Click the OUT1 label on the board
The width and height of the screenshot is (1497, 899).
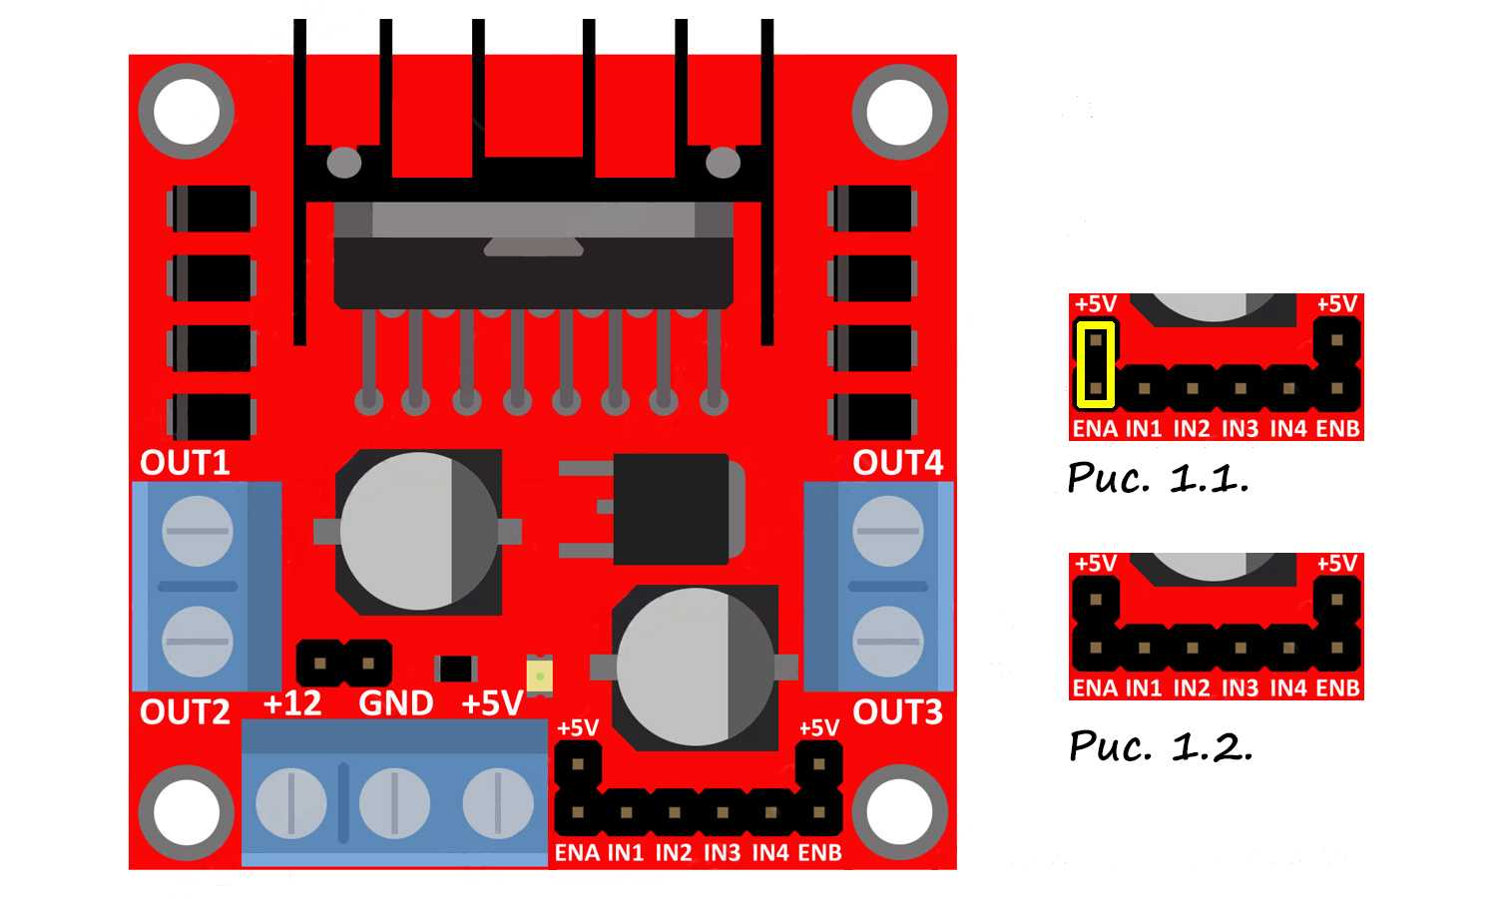click(185, 463)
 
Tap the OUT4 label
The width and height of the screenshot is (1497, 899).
click(897, 463)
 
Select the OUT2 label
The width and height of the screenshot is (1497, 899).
click(185, 712)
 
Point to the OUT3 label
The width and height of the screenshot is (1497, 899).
click(897, 712)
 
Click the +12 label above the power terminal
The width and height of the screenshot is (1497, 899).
click(291, 704)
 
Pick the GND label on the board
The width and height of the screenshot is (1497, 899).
click(395, 704)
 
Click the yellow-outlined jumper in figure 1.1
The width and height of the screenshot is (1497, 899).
click(1095, 364)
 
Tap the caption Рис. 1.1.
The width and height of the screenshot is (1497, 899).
click(1158, 478)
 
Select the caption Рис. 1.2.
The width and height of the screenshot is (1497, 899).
click(1160, 745)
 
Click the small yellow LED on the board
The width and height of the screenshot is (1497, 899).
click(539, 675)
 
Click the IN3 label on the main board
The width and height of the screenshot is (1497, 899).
click(722, 853)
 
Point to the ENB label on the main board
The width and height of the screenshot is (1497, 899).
click(819, 853)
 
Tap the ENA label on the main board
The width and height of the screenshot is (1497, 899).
click(577, 853)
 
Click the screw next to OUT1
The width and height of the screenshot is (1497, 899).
click(197, 532)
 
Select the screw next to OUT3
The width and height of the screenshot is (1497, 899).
click(887, 641)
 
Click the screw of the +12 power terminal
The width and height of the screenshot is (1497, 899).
click(291, 802)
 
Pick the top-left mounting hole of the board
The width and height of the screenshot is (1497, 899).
click(187, 111)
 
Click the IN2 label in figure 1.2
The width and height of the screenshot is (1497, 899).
click(1192, 687)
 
